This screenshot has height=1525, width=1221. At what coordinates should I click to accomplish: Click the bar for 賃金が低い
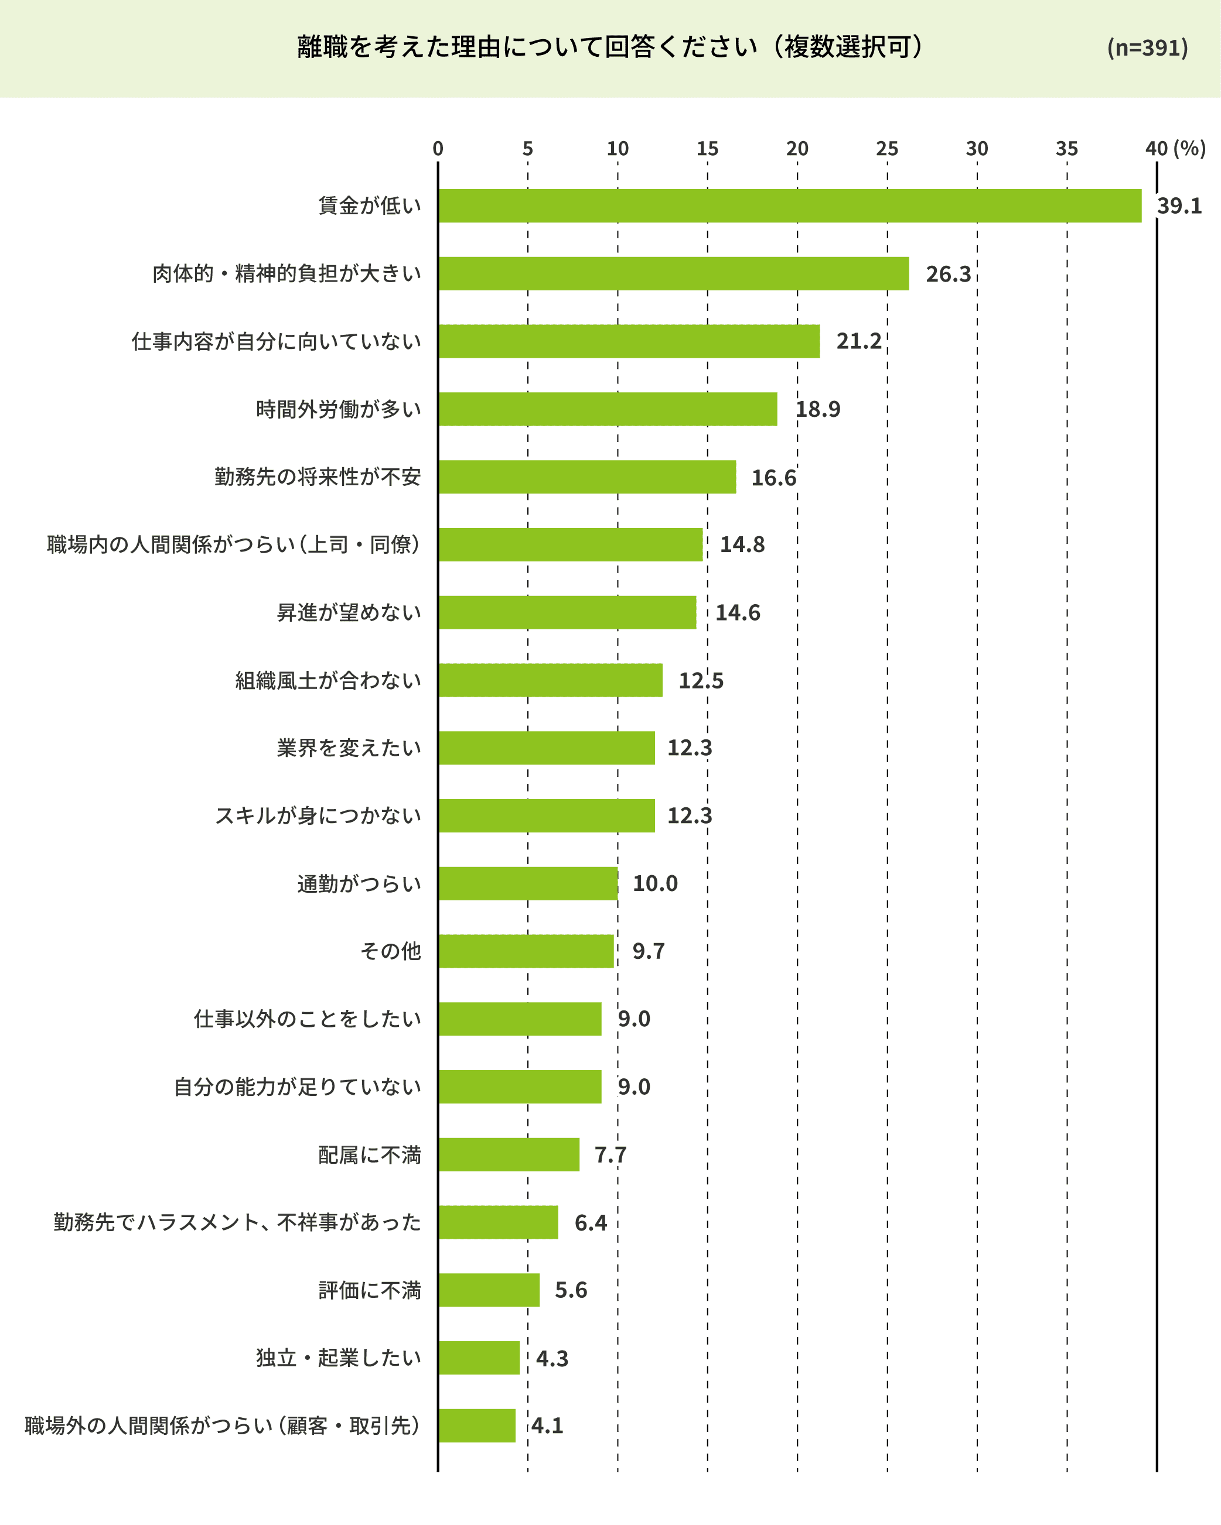tap(789, 206)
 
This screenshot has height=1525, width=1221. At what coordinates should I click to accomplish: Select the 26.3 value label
tap(948, 274)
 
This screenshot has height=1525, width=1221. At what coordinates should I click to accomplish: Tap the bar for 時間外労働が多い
tap(608, 409)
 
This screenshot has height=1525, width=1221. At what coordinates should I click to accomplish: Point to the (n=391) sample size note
tap(1147, 47)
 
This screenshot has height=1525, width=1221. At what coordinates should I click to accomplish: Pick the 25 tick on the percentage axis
tap(887, 149)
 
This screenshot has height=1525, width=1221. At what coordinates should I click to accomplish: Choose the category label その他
tap(391, 951)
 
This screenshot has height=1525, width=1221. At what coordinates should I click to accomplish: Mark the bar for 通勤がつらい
tap(527, 883)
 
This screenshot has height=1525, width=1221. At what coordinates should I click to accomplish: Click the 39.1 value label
tap(1179, 206)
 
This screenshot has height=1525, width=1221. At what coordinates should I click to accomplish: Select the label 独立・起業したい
tap(338, 1358)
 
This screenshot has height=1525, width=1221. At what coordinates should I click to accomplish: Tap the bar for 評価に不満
tap(489, 1290)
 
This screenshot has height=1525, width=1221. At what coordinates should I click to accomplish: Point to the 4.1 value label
tap(547, 1425)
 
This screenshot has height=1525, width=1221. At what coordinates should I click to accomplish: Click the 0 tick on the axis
tap(438, 149)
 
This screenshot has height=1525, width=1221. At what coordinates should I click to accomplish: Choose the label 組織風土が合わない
tap(328, 680)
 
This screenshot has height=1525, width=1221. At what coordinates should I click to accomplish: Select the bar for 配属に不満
tap(508, 1154)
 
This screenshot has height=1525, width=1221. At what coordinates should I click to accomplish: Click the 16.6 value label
tap(773, 478)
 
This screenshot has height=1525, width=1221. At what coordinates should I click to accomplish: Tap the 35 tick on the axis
tap(1067, 149)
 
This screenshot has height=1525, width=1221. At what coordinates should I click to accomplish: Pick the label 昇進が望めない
tap(348, 612)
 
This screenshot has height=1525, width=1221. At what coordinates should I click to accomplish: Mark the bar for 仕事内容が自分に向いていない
tap(629, 341)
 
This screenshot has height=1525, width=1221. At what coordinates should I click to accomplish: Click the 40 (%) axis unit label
tap(1175, 149)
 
